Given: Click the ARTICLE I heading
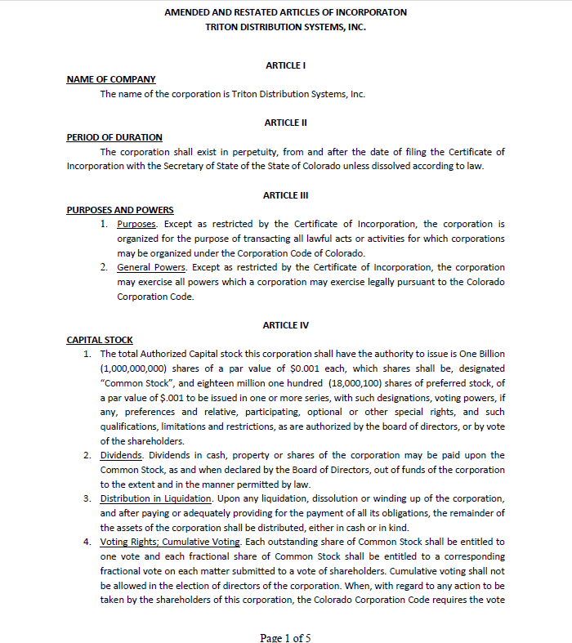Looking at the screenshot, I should pos(285,65).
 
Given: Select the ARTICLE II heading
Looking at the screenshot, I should pos(285,123).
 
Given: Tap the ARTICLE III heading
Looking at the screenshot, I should pos(285,195).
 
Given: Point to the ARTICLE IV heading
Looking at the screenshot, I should pos(285,325).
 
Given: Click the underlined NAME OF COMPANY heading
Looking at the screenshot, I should pos(111,79).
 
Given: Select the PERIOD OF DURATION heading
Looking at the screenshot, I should pos(114,137).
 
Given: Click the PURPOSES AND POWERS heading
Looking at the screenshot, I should pos(119,210).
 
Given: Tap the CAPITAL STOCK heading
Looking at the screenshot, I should pos(100,340).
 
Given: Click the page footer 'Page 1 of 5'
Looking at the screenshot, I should pos(285,637).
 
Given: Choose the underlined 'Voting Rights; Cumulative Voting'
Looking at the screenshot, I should pos(170,542).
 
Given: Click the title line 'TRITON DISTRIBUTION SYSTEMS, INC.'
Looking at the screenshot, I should pos(285,27).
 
